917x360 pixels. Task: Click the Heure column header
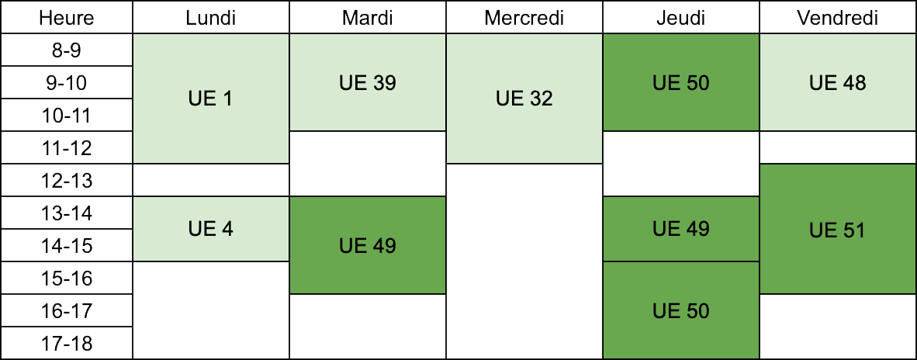pos(67,18)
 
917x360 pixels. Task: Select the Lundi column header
pos(211,18)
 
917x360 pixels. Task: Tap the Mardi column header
pos(368,18)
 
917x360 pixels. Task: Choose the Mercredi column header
pos(524,18)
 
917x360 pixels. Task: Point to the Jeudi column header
pos(681,18)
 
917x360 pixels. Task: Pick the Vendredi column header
pos(838,18)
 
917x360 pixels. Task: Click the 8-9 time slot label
pos(67,50)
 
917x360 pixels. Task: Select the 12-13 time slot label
pos(67,181)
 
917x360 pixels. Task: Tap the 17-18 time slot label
pos(67,343)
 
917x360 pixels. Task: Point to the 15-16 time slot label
pos(67,279)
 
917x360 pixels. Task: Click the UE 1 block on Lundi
pos(211,99)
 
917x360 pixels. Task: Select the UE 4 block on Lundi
pos(211,229)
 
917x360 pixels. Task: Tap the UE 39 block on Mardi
pos(368,82)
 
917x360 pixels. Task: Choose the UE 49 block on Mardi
pos(368,245)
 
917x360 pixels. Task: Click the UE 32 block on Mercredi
pos(524,99)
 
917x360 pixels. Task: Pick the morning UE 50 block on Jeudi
pos(681,82)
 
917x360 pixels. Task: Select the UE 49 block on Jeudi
pos(681,229)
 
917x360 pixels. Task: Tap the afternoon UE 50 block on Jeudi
pos(681,310)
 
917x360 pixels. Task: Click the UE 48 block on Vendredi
pos(838,82)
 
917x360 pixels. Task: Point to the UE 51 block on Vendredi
pos(838,229)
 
